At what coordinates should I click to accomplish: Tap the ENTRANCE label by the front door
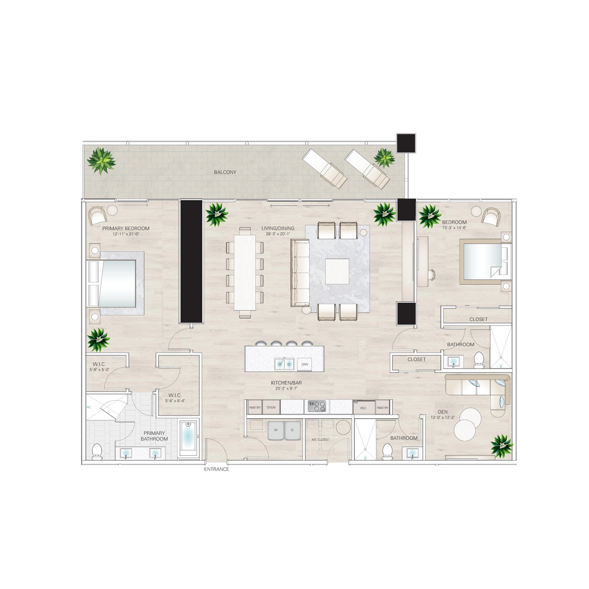tap(217, 469)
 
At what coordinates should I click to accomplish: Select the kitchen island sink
tap(284, 364)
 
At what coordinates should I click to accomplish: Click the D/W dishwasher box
tap(305, 364)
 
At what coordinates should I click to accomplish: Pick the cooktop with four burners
tap(317, 406)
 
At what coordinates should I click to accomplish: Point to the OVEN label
tap(271, 407)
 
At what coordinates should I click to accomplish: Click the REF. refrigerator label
tap(363, 408)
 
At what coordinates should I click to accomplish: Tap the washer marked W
tap(276, 430)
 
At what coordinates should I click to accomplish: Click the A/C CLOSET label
tap(320, 440)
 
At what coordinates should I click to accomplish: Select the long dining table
tap(245, 273)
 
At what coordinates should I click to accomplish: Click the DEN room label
tap(442, 412)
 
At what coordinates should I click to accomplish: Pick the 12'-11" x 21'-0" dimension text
tap(126, 234)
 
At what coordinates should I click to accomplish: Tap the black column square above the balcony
tap(406, 143)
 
